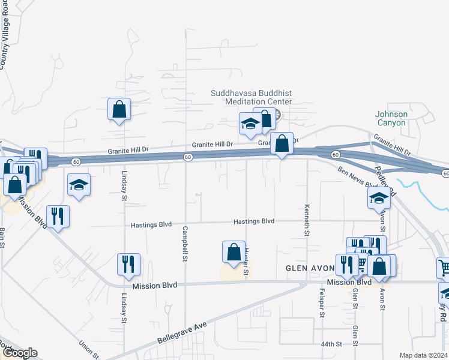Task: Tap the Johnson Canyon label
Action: (391, 118)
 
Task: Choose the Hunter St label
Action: (247, 262)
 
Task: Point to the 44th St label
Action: (331, 344)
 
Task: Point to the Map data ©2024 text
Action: (424, 355)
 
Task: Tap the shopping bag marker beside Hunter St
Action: (234, 253)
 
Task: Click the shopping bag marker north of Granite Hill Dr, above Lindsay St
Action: (119, 109)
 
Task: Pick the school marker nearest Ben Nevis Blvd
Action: (379, 198)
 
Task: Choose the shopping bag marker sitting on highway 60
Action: (282, 143)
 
